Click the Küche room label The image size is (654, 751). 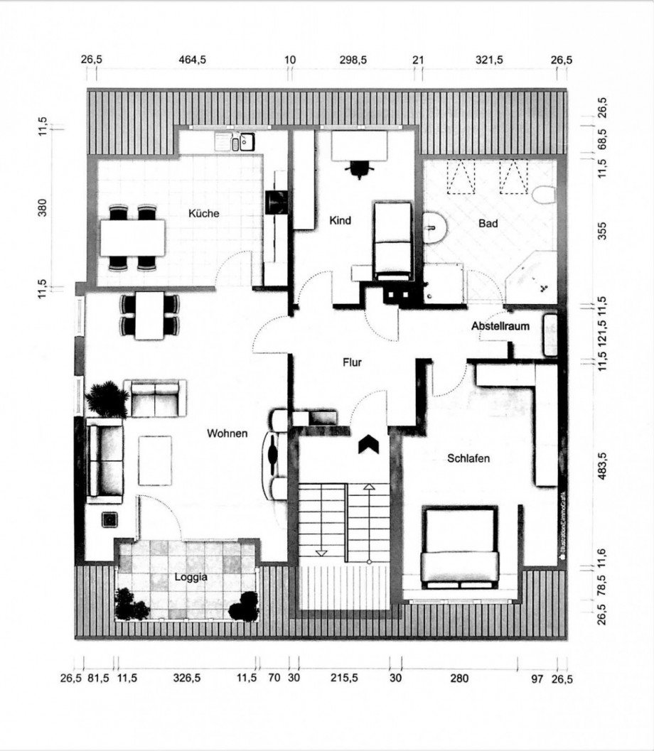coord(203,214)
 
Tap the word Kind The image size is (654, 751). coord(341,220)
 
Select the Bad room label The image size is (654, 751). coord(488,223)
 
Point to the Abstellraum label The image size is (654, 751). coord(500,326)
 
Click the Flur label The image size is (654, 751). coord(352,362)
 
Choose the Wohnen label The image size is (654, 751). coord(227,433)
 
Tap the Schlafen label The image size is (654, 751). coord(468,458)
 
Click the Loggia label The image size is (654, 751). coord(191,577)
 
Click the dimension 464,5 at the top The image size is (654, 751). coord(193,60)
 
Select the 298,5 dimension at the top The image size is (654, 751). coord(353,60)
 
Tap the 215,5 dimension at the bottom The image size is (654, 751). coord(344,679)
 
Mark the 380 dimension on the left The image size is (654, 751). coord(43,207)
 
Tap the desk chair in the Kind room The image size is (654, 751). coord(360,169)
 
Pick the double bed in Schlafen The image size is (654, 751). coord(460,547)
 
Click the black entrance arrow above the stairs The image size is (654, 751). coord(368,444)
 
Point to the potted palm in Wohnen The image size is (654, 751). coord(108,399)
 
